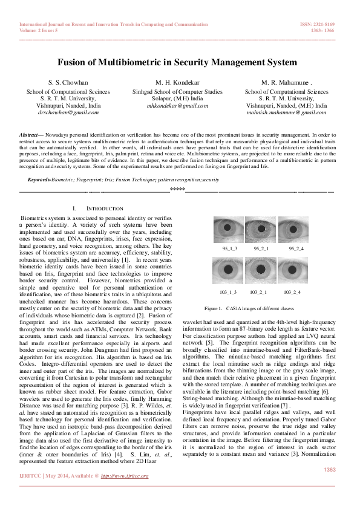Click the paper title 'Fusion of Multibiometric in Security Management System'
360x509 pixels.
(x=177, y=62)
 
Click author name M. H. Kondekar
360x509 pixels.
(x=177, y=82)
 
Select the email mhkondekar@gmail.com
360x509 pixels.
(x=177, y=105)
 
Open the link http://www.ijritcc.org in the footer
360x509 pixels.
(x=125, y=476)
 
